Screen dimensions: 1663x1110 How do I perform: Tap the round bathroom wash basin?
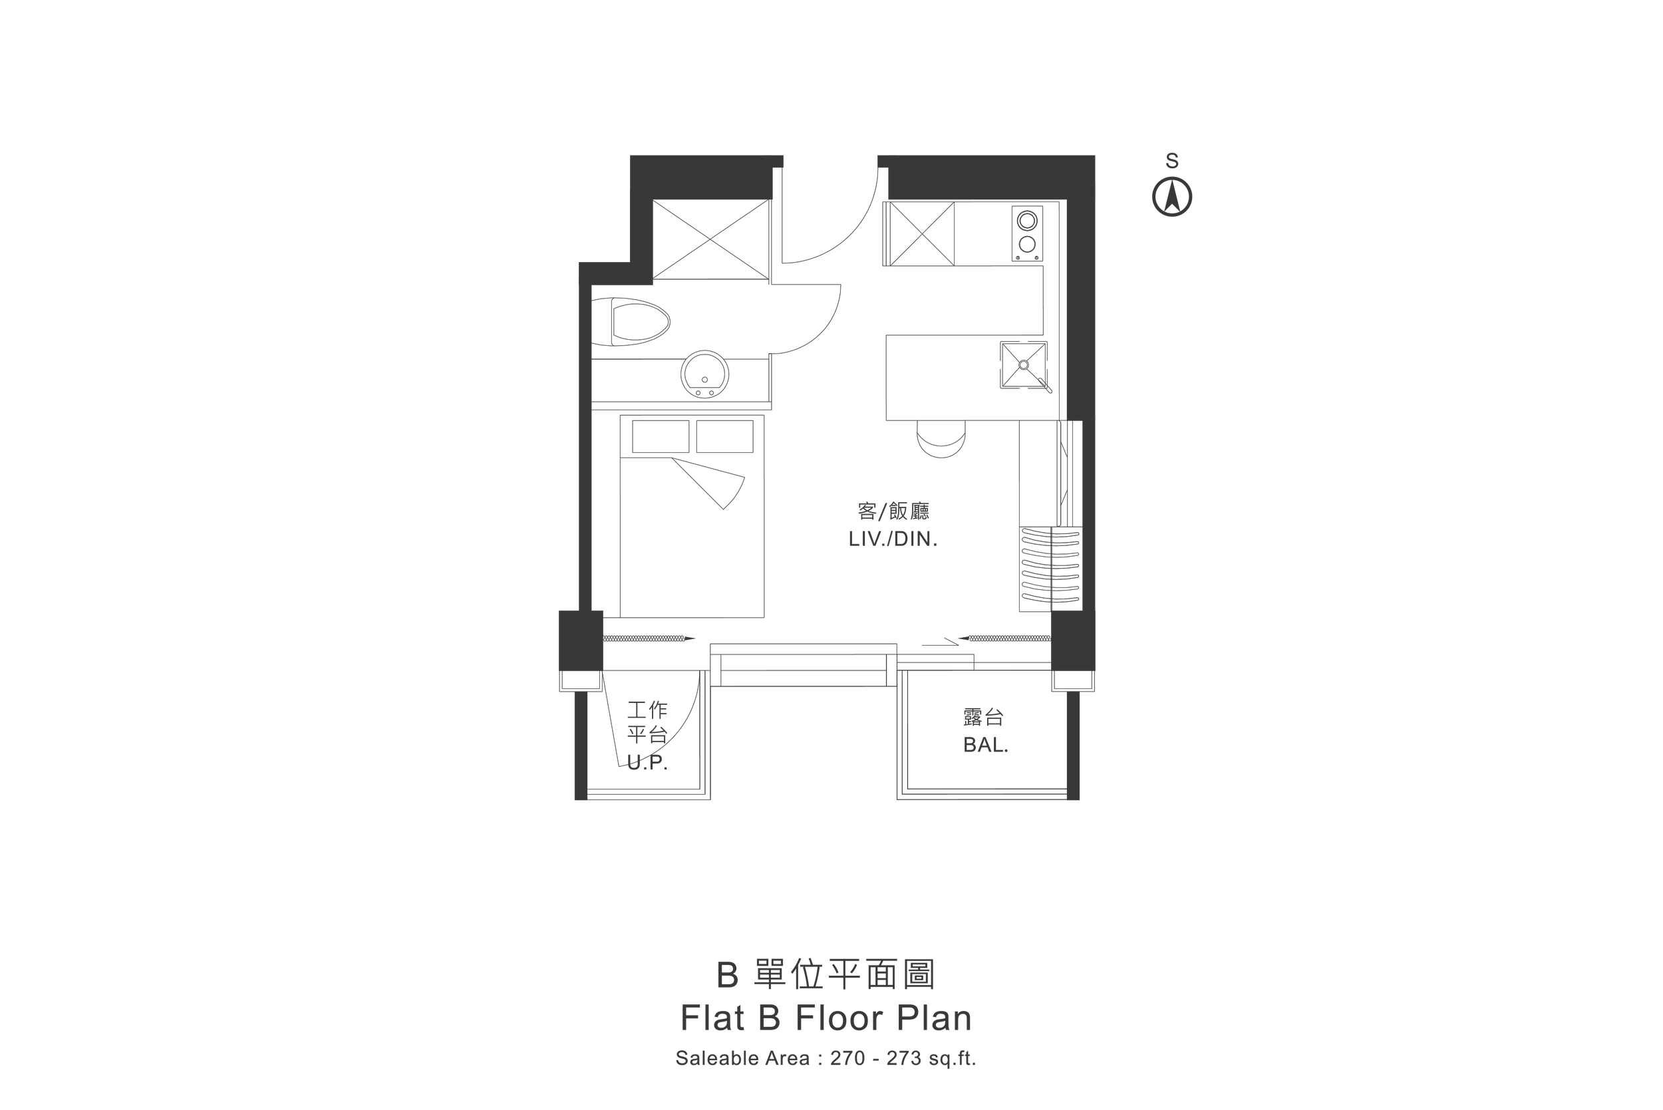tap(704, 374)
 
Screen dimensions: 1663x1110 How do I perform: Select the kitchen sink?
tap(1023, 365)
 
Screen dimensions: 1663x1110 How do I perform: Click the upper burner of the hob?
tap(1027, 220)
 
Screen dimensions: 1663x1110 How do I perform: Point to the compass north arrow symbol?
tap(1171, 197)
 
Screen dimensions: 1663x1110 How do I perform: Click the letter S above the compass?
tap(1171, 162)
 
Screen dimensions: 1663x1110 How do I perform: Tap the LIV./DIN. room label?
tap(893, 539)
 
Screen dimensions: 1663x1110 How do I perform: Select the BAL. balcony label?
tap(985, 746)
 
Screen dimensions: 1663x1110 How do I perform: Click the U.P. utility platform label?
tap(647, 763)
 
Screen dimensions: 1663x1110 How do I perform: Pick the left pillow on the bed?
tap(660, 436)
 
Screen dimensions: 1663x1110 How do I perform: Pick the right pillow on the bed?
tap(724, 436)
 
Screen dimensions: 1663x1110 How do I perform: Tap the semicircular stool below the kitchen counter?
tap(940, 438)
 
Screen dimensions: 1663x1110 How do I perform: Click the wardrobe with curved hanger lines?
tap(1050, 569)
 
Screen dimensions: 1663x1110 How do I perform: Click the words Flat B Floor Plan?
tap(826, 1018)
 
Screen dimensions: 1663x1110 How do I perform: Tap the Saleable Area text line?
tap(826, 1058)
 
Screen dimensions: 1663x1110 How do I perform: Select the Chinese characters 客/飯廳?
tap(893, 510)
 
